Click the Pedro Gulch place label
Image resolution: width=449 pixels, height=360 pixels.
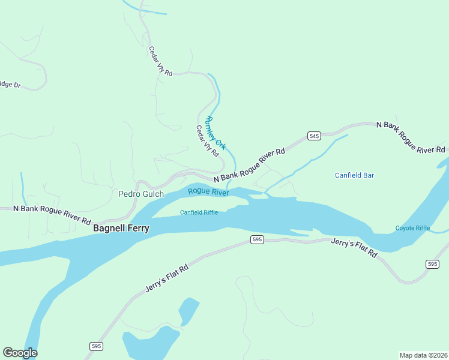click(140, 194)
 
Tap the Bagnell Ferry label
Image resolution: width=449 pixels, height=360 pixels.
click(121, 229)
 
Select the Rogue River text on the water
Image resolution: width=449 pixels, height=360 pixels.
click(208, 192)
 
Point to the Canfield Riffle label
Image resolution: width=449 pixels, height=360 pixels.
click(199, 212)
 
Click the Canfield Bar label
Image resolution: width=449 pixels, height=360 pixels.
click(354, 175)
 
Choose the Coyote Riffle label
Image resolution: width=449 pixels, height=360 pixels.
click(412, 228)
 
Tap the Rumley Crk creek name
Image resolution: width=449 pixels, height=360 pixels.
click(216, 133)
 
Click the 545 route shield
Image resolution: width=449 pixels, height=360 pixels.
click(314, 136)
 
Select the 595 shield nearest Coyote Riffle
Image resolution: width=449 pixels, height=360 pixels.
click(432, 264)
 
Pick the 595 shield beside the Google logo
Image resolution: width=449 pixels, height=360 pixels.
click(96, 346)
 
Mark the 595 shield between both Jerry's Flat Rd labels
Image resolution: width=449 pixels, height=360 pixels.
click(257, 239)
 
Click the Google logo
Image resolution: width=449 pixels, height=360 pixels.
click(20, 353)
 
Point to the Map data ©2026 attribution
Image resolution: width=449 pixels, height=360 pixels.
click(423, 355)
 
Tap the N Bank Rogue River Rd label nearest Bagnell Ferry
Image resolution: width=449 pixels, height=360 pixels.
click(46, 213)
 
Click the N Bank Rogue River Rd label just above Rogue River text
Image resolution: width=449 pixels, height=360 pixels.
click(249, 165)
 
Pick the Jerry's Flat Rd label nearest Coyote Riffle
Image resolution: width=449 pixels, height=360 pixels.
click(354, 248)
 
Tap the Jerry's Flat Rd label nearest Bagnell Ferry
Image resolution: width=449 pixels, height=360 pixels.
click(167, 277)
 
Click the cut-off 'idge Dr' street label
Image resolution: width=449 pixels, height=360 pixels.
click(10, 85)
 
